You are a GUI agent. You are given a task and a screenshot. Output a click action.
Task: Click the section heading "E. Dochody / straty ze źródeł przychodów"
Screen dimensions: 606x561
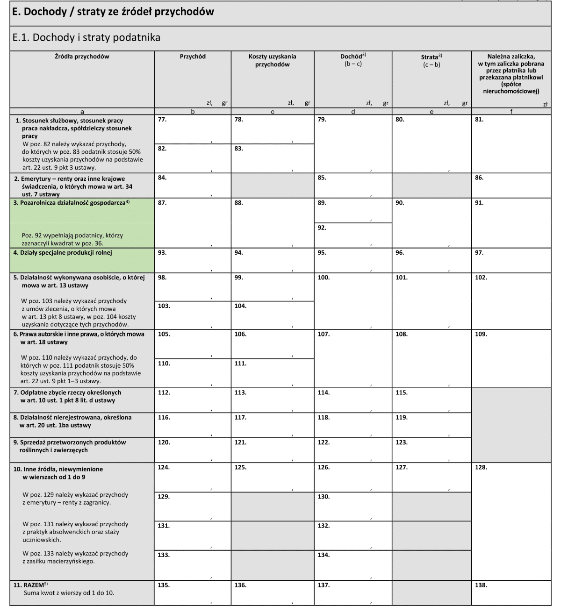pos(113,12)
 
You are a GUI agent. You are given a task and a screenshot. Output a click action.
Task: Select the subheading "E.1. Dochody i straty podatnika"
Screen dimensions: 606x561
pos(86,37)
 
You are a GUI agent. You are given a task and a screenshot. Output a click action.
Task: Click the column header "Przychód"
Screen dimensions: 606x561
pos(193,57)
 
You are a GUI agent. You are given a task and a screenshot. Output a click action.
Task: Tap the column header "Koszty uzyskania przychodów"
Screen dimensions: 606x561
pos(272,60)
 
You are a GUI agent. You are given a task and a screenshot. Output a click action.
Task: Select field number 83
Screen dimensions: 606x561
pos(273,159)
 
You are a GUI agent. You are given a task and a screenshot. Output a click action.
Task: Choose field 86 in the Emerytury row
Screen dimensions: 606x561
pos(511,186)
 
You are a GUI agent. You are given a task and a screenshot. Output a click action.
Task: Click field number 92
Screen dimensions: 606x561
pos(353,235)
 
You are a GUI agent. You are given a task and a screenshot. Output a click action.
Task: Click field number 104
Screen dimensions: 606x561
pos(273,315)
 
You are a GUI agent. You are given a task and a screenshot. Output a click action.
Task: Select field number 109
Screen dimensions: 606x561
pos(511,359)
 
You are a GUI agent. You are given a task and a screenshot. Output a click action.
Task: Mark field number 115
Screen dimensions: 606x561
pos(431,400)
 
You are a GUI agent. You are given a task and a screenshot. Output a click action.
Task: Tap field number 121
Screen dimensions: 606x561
pos(273,450)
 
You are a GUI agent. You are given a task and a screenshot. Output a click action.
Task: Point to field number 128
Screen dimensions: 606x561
pos(511,521)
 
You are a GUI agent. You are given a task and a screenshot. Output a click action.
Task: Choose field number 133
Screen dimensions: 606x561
pos(193,565)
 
